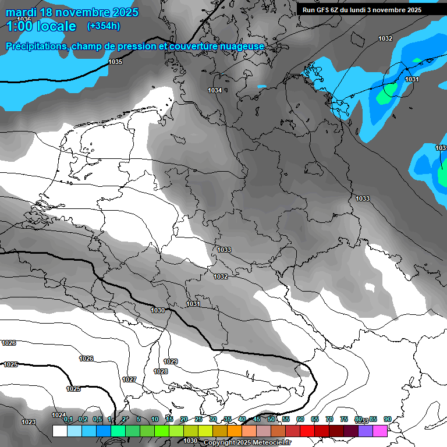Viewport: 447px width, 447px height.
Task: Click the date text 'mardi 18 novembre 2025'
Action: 72,12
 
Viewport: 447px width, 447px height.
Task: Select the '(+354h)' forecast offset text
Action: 104,26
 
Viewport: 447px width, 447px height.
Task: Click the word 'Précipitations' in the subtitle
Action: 35,46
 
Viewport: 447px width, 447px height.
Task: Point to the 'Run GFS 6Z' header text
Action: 322,10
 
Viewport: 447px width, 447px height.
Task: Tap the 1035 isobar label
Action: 115,62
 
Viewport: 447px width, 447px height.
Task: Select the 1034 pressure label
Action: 215,90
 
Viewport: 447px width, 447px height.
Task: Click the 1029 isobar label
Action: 171,361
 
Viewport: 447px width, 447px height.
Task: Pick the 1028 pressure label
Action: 161,371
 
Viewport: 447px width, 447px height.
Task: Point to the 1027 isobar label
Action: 129,379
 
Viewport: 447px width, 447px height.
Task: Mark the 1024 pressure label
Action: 58,415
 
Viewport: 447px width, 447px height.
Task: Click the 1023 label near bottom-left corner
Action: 28,422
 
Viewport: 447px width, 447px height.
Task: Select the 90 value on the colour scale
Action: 388,419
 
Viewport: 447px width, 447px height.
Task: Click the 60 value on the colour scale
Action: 300,419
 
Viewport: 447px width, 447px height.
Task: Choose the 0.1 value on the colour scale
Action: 68,419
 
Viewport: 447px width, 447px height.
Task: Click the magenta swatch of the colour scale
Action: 380,431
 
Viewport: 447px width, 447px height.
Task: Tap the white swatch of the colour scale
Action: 59,431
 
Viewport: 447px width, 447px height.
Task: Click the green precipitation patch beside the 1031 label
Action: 389,90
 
